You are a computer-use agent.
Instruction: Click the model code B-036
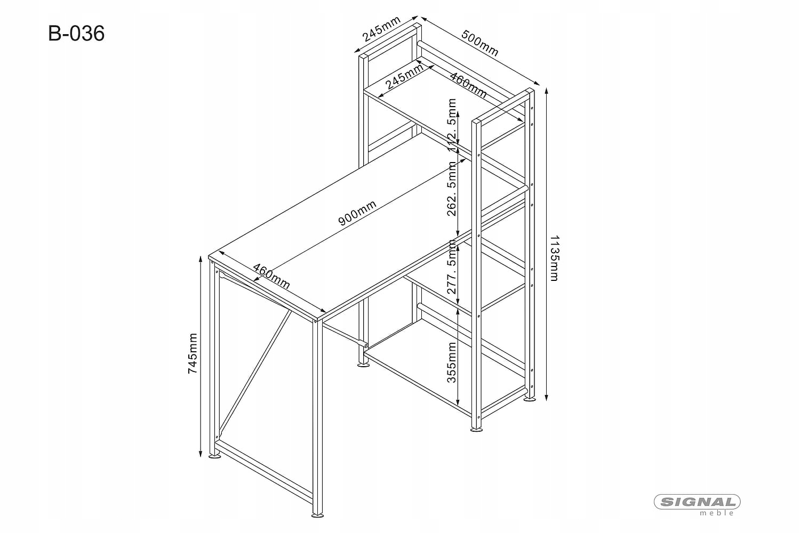click(x=76, y=34)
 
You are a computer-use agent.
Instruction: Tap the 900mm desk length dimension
click(x=357, y=213)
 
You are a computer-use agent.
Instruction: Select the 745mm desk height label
click(x=193, y=353)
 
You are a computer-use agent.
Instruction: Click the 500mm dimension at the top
click(x=479, y=44)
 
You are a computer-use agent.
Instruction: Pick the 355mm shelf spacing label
click(x=452, y=362)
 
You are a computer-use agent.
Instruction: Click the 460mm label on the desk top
click(x=271, y=276)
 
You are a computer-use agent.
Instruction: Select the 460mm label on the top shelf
click(x=468, y=85)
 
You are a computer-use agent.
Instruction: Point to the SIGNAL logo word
click(x=697, y=502)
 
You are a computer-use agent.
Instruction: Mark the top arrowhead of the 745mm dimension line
click(x=200, y=260)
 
